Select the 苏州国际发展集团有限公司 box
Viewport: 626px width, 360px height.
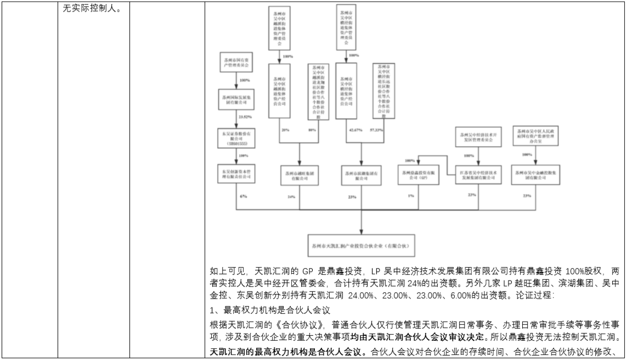coord(236,99)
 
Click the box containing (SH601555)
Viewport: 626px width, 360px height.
coord(236,137)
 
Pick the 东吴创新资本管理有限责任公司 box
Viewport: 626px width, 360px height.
coord(236,174)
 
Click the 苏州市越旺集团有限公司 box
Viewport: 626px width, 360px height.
coord(300,175)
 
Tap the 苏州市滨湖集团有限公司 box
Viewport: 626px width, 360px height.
coord(360,175)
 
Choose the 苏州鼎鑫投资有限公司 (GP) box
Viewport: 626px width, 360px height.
coord(418,175)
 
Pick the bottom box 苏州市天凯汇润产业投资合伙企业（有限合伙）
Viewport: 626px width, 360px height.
coord(362,240)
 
